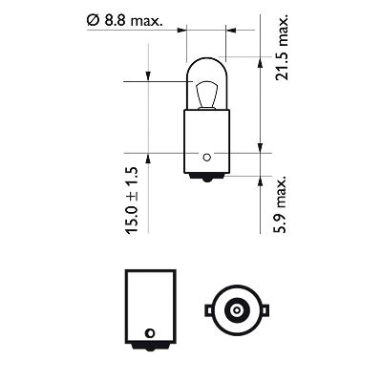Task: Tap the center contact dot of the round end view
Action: point(234,310)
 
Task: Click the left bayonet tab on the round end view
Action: point(205,309)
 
